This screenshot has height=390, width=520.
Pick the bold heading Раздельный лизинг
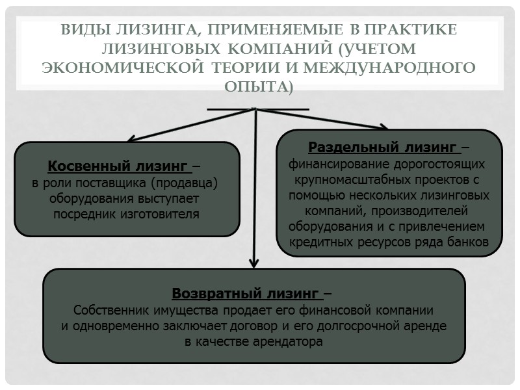383,146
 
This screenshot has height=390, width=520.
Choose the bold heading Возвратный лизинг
246,293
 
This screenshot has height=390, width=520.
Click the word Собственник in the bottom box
110,309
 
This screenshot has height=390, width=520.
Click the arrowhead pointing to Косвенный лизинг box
131,138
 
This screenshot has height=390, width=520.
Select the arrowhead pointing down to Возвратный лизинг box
254,263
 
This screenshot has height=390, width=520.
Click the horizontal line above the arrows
258,109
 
